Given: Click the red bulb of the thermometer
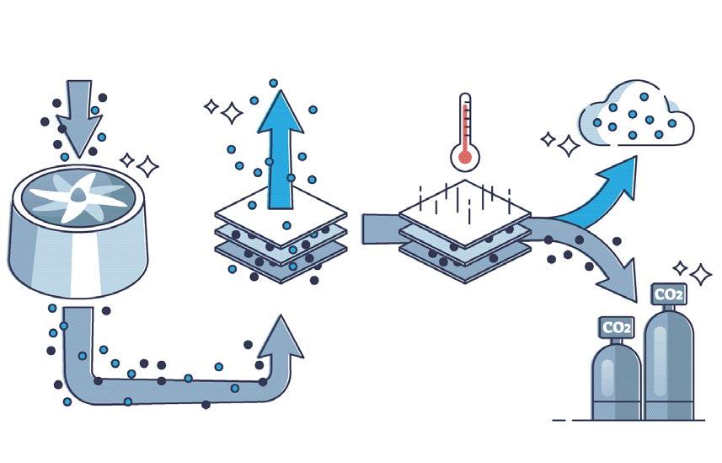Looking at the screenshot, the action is pos(464,155).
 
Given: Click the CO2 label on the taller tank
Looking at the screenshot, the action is pos(668,295).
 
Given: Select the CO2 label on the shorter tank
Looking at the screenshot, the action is pos(616,326).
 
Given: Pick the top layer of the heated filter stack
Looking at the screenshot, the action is pos(464,206).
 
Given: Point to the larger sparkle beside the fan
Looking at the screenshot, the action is pos(148,165).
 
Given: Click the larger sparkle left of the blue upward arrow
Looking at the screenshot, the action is pos(229,109).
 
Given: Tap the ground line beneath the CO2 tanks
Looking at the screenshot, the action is pos(628,419).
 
